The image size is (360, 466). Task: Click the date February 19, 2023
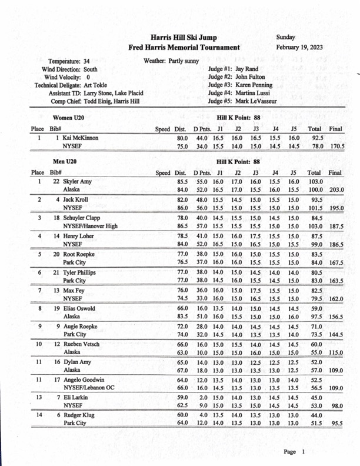pos(299,48)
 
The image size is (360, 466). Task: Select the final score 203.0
pos(337,191)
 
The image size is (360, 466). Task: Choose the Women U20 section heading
pos(68,118)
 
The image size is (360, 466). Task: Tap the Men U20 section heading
pos(65,161)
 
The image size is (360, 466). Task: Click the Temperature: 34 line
pos(69,61)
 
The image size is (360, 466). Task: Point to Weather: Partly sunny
pos(171,61)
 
